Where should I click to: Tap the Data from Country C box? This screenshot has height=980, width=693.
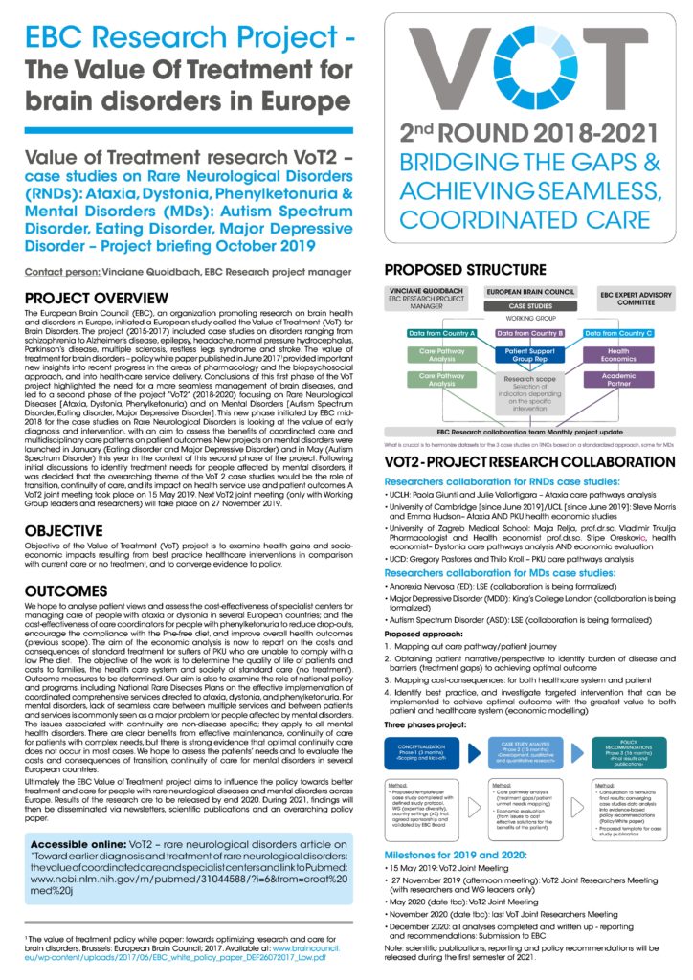coord(618,332)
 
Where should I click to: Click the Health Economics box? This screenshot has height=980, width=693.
coord(619,354)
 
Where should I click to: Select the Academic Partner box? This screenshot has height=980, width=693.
coord(619,380)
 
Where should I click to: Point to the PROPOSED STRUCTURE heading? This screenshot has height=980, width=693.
coord(465,269)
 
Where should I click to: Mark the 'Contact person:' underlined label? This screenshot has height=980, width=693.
coord(61,272)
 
